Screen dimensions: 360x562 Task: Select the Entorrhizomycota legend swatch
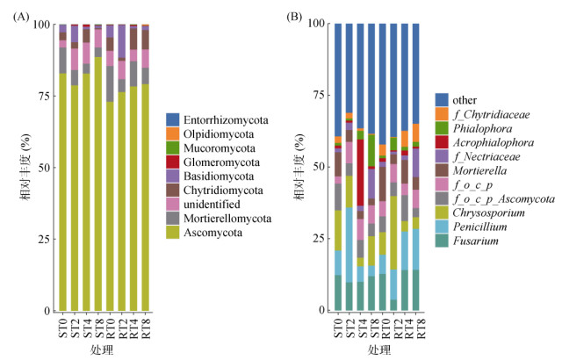coord(172,119)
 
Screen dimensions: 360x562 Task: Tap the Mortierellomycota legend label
coord(222,218)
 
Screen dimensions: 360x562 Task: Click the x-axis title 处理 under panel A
coord(101,350)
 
